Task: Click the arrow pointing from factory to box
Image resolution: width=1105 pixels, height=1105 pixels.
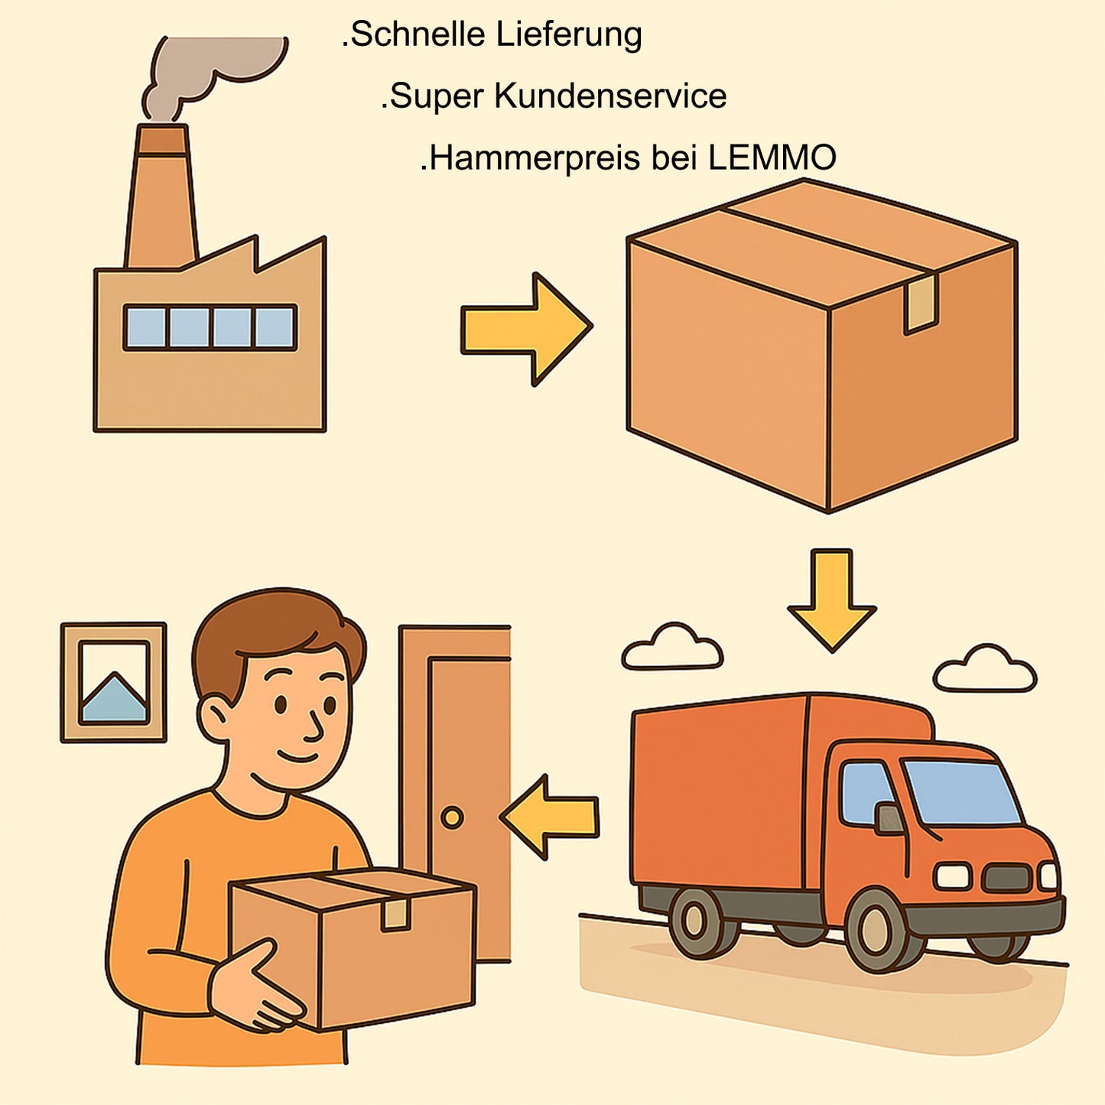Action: [526, 329]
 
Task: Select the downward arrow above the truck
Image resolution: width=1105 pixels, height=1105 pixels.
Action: [831, 600]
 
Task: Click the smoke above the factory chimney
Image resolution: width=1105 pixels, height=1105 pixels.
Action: [213, 75]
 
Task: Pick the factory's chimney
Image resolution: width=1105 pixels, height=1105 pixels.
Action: [161, 196]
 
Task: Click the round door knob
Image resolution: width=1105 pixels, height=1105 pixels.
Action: [452, 817]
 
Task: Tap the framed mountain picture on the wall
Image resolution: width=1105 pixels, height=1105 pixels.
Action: [113, 682]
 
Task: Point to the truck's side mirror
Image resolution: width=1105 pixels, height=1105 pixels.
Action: [889, 818]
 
